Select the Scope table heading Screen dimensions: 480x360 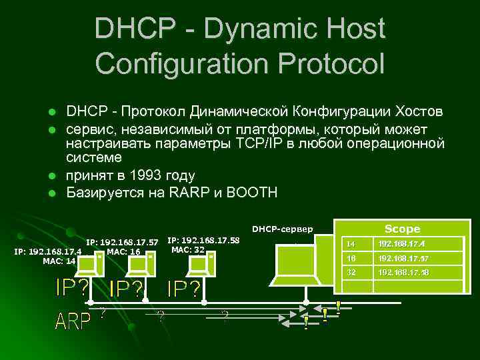[x=402, y=229]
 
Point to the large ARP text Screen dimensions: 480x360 [x=73, y=321]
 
